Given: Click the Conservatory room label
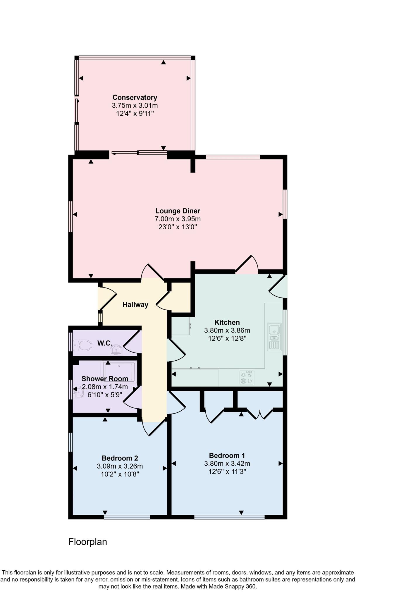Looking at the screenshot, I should click(135, 97).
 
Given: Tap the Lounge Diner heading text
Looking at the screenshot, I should click(178, 211).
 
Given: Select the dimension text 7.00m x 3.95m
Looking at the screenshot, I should click(178, 219).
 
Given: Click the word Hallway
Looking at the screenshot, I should click(135, 305).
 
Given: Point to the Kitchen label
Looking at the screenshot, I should click(227, 322).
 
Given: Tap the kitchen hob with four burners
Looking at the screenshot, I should click(246, 377).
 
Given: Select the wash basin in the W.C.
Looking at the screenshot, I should click(116, 350).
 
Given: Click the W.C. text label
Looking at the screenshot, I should click(105, 343).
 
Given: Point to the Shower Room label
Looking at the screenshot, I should click(105, 379).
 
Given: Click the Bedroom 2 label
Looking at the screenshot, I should click(120, 458).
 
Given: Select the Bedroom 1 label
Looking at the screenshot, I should click(227, 455).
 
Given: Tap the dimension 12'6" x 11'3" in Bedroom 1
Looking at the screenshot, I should click(227, 471).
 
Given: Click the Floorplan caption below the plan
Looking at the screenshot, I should click(87, 542).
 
